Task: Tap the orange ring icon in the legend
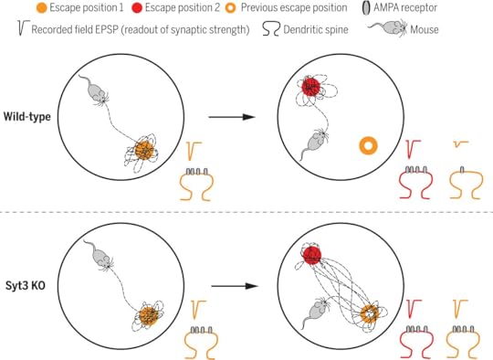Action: (231, 8)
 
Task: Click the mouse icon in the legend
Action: (388, 28)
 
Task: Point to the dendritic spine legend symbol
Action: (271, 29)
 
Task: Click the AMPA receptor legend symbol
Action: (366, 8)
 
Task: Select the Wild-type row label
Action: (27, 117)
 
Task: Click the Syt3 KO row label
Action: (26, 285)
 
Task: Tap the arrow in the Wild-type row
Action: (232, 117)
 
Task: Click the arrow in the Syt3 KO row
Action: (235, 286)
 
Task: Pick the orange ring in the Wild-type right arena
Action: (368, 146)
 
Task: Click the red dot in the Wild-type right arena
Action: (310, 87)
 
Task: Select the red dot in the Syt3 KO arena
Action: (312, 255)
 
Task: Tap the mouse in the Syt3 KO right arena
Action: (316, 312)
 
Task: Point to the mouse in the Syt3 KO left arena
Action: (99, 255)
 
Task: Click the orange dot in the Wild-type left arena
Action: (144, 151)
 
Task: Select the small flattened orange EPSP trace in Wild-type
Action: (461, 144)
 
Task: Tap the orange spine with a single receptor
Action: (467, 183)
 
